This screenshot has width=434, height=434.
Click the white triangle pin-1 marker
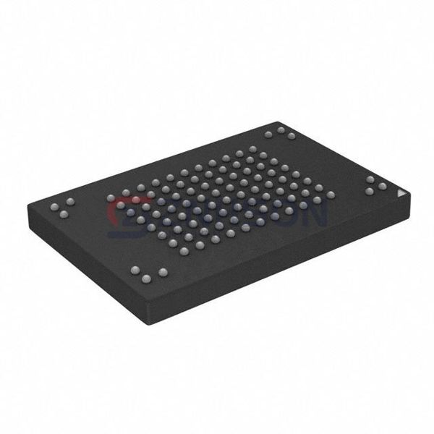[x=402, y=194]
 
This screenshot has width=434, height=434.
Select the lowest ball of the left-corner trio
[x=61, y=215]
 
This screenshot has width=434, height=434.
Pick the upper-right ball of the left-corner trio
[x=71, y=199]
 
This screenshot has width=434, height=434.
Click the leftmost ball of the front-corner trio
[x=135, y=270]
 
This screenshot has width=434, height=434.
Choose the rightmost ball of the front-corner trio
[x=163, y=272]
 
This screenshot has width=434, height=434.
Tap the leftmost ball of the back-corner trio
[x=268, y=135]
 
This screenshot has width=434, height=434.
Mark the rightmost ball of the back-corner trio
[x=292, y=136]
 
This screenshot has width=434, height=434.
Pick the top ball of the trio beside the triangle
[x=370, y=179]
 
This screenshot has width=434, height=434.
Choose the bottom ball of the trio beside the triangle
[x=369, y=192]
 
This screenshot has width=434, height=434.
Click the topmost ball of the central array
[x=252, y=149]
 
